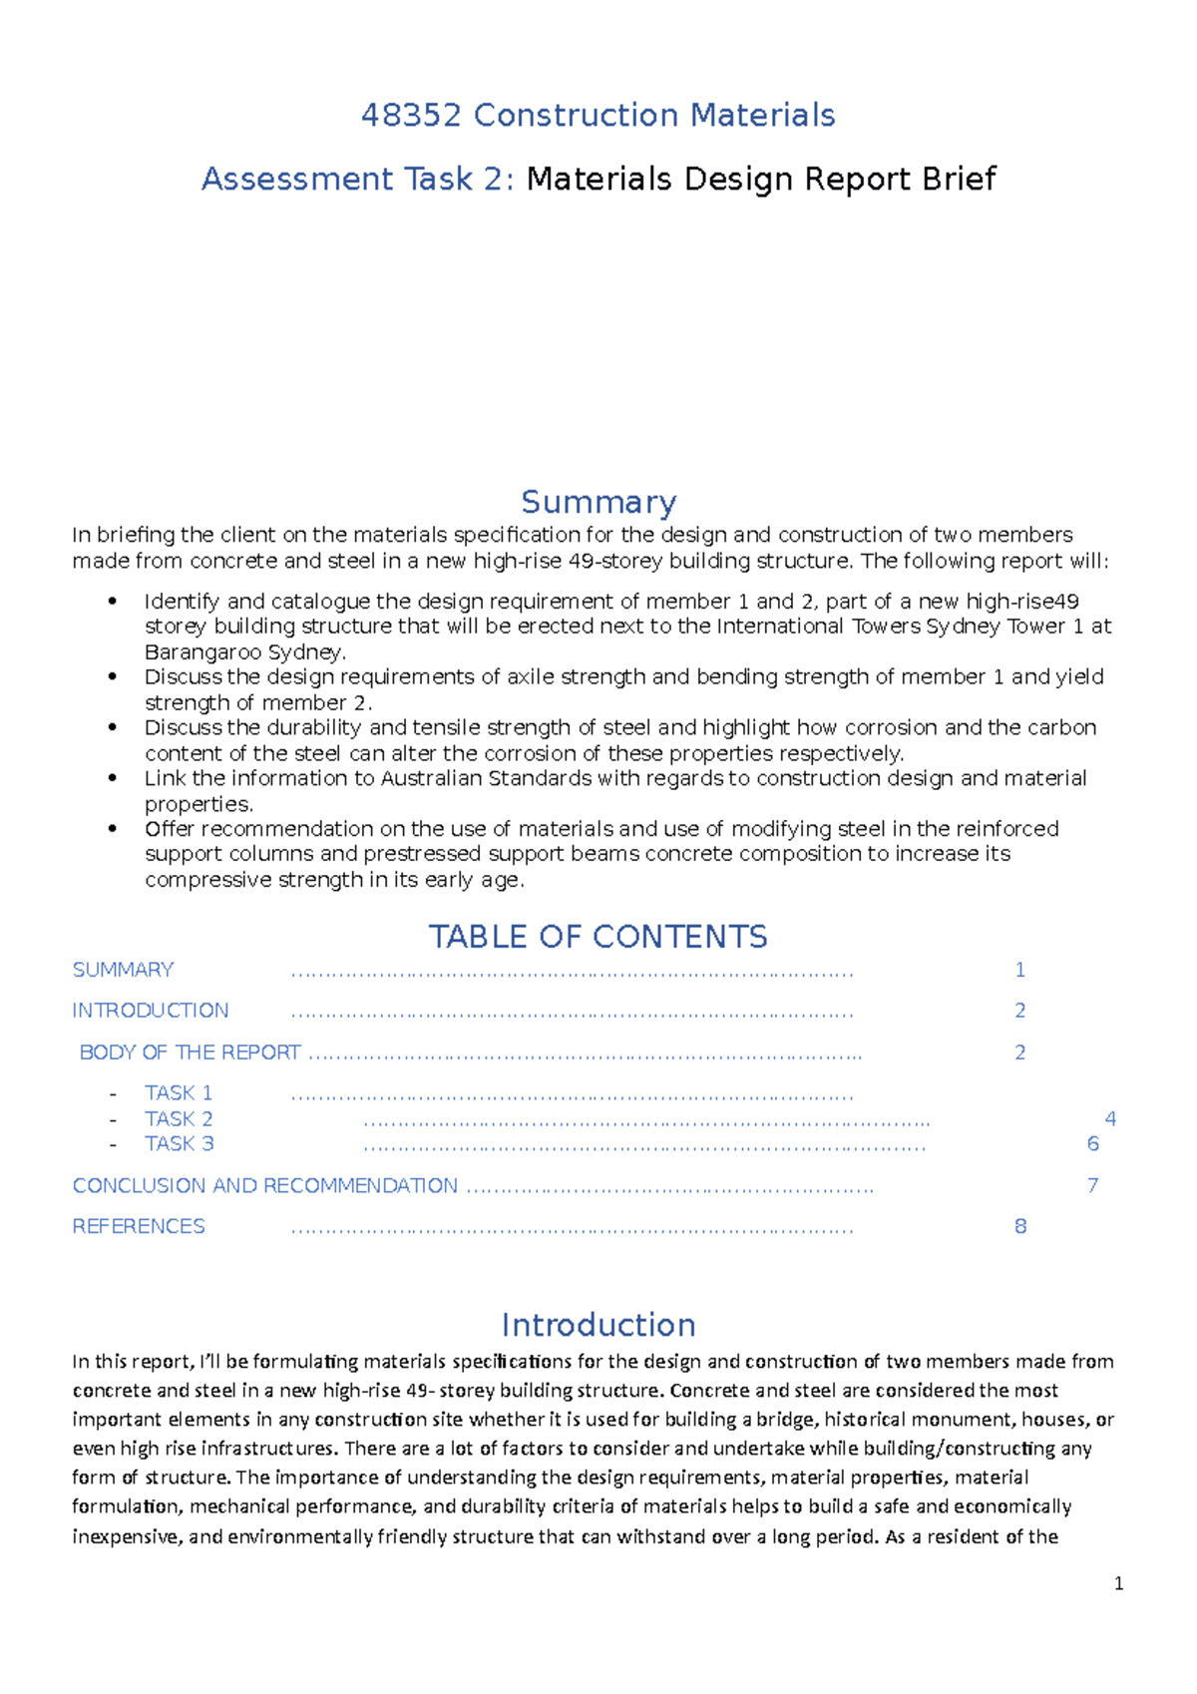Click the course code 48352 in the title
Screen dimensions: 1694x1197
(x=411, y=116)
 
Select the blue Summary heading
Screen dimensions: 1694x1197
(x=598, y=502)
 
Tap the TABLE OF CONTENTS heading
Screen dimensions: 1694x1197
(x=598, y=937)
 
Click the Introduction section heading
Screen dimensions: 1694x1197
(x=598, y=1325)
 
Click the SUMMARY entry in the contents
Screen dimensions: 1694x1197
(x=123, y=970)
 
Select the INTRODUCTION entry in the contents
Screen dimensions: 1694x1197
(x=150, y=1011)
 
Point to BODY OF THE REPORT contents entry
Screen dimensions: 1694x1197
(x=190, y=1053)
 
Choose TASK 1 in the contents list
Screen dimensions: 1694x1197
(x=179, y=1093)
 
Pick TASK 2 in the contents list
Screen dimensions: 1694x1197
(x=179, y=1119)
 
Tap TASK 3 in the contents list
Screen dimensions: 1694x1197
(x=179, y=1144)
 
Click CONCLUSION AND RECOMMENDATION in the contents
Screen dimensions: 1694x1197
(x=264, y=1186)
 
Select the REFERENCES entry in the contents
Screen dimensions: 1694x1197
(x=139, y=1227)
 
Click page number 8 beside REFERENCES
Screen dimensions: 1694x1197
(x=1020, y=1227)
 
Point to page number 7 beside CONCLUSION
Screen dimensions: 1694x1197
(x=1092, y=1186)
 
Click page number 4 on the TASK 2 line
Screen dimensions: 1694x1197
(x=1110, y=1119)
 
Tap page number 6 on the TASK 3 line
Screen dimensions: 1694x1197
(x=1092, y=1144)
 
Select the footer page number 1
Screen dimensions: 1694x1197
(x=1118, y=1584)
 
